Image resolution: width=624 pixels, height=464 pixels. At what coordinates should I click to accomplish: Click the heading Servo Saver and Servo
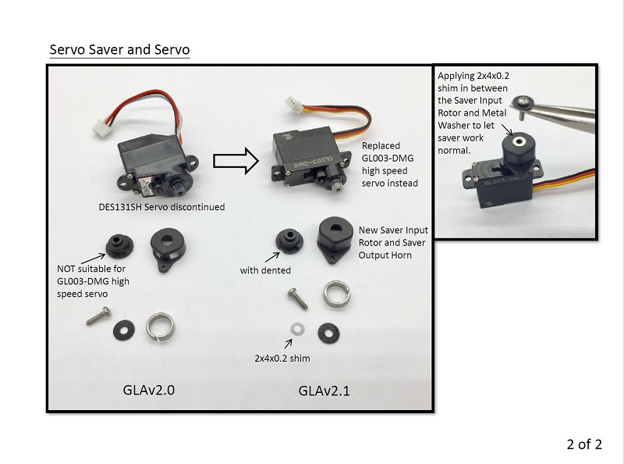click(x=119, y=49)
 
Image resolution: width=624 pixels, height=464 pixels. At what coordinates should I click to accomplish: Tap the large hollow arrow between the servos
click(x=236, y=162)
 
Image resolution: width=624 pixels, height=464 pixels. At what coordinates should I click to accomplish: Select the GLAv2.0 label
click(x=154, y=387)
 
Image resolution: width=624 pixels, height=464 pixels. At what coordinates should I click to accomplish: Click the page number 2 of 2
click(x=584, y=444)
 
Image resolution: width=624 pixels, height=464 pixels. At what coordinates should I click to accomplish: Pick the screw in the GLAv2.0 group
click(x=98, y=316)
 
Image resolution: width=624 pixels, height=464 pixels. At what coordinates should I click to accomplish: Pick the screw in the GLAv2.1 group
click(x=296, y=298)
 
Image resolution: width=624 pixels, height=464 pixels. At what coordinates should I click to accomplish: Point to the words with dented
click(x=265, y=270)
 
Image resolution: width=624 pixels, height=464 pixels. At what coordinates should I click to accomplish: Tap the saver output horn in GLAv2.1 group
click(x=335, y=239)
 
